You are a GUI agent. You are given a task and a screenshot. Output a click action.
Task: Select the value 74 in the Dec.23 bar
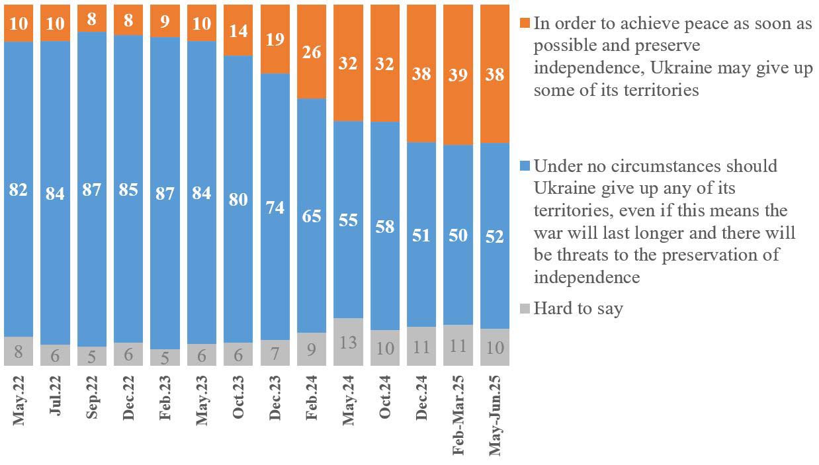point(275,207)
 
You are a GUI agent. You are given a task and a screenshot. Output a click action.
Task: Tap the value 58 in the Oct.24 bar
point(385,226)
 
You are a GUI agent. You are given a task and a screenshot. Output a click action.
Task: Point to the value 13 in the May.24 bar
point(348,342)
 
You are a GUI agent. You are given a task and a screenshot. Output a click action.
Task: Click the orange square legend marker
point(525,24)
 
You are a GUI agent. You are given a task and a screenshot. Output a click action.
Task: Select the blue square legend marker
point(525,165)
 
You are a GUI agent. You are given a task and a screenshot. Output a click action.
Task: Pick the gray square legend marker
point(525,308)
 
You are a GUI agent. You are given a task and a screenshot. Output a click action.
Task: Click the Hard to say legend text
point(578,308)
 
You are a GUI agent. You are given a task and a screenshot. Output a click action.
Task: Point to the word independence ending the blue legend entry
point(586,276)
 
